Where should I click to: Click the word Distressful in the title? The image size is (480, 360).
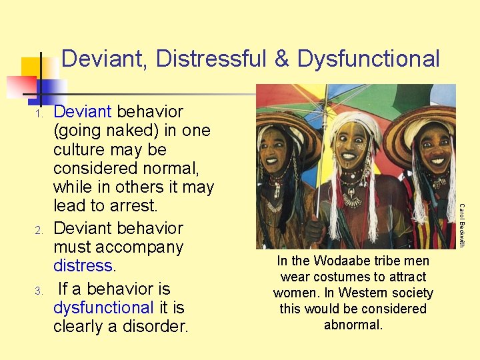click(210, 59)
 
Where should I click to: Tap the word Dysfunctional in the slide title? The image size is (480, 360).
click(368, 59)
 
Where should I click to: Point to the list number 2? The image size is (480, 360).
click(39, 231)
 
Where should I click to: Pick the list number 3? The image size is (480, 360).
click(39, 291)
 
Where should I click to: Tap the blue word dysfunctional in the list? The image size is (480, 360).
click(103, 308)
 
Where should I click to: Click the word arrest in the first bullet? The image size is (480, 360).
click(137, 206)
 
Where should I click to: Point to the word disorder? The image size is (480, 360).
click(156, 327)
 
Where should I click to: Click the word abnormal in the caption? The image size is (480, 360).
click(353, 325)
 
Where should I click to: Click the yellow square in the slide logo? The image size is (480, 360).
click(31, 68)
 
